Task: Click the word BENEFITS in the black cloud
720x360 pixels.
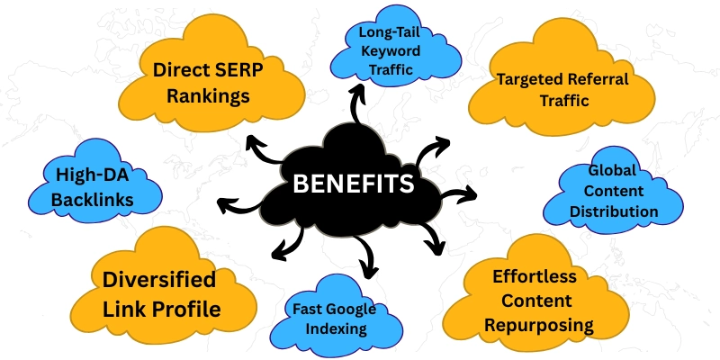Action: (354, 184)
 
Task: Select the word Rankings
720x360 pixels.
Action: (208, 97)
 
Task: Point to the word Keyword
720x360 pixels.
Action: (391, 51)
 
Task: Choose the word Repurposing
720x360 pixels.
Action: (539, 326)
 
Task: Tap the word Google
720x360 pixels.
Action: (353, 310)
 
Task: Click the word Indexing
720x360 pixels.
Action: (336, 328)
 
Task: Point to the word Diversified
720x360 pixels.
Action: (159, 280)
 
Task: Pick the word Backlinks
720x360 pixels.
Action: (93, 199)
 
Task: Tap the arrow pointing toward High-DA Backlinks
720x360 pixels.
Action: (238, 205)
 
